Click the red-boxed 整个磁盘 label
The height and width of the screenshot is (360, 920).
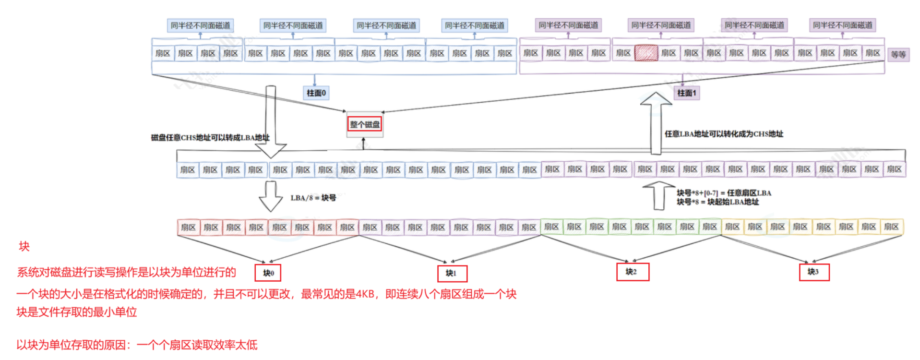point(365,124)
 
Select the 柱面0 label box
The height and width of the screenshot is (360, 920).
point(316,93)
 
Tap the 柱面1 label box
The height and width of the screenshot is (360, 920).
point(687,93)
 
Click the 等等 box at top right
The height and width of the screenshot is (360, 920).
point(898,55)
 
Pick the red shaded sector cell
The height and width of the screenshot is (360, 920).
point(646,53)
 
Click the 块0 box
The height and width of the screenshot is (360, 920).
point(268,273)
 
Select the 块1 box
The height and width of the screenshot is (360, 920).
point(452,273)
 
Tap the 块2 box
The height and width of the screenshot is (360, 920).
point(632,272)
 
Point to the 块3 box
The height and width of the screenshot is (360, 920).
point(813,272)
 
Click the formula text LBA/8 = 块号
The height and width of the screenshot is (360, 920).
point(313,198)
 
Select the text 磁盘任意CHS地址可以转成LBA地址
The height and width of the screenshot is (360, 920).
point(210,138)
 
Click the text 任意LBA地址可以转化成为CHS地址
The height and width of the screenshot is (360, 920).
point(724,134)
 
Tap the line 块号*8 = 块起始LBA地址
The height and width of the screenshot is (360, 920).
point(718,202)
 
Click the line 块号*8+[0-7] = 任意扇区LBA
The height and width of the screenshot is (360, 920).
point(724,193)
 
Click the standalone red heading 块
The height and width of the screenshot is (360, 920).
point(24,247)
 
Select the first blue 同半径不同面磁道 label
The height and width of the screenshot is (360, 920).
point(200,25)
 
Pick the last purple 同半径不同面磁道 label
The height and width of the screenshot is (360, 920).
point(843,25)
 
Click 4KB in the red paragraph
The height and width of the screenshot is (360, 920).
point(365,294)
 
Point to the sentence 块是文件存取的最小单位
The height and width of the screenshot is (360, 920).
point(77,312)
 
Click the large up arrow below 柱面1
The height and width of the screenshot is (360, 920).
point(656,123)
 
